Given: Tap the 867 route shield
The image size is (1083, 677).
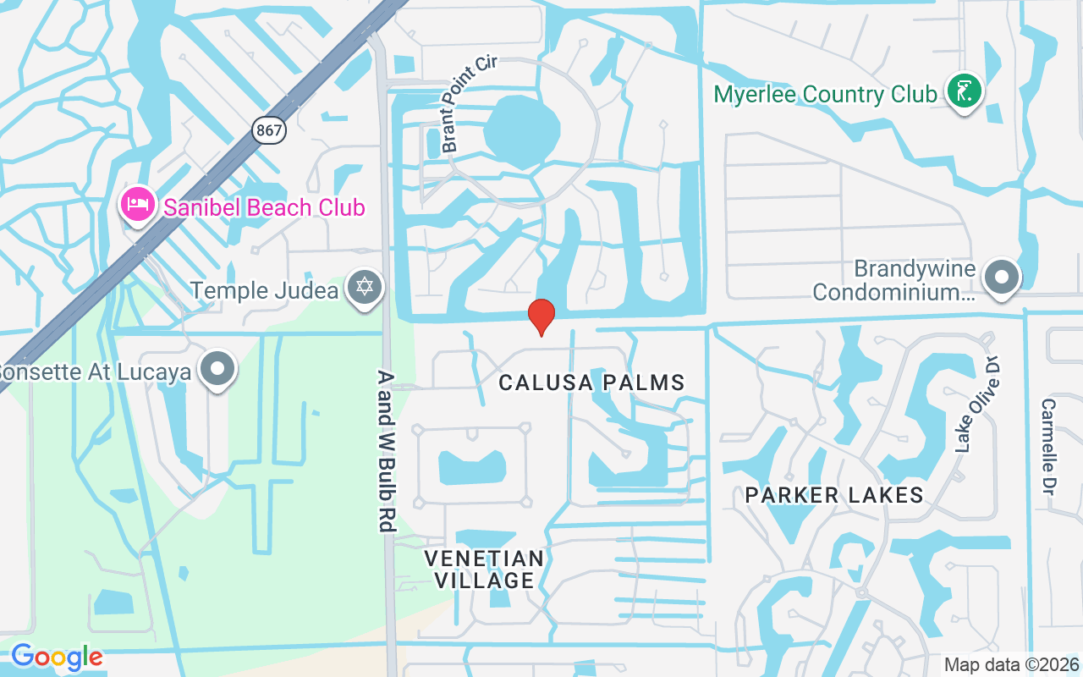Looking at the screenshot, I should click(268, 130).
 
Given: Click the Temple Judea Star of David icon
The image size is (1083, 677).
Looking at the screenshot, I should click(365, 289).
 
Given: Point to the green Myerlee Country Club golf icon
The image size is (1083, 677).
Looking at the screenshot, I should click(963, 91).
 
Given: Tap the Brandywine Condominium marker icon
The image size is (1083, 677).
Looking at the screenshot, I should click(1003, 277).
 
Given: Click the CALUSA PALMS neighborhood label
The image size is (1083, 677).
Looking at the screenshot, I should click(591, 383).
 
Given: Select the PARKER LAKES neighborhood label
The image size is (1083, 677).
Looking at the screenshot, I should click(834, 495).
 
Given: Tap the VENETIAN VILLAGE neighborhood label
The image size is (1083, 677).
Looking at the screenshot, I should click(484, 569).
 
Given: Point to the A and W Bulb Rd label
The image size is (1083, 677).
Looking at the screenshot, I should click(386, 450).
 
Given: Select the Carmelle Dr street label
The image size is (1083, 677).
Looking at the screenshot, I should click(1048, 447).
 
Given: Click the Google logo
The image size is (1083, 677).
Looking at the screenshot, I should click(57, 657).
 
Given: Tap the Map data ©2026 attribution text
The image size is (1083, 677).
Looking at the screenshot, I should click(1011, 665).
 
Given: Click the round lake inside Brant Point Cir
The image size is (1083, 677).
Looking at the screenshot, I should click(521, 132).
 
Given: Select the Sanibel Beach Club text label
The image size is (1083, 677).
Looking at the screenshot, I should click(264, 207).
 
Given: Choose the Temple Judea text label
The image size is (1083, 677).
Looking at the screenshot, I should click(264, 290).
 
